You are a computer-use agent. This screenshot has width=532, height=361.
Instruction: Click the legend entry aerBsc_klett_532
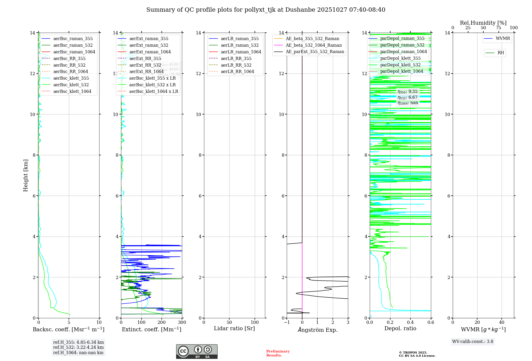[71, 85]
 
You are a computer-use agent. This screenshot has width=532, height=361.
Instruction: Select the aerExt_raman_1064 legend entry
[150, 52]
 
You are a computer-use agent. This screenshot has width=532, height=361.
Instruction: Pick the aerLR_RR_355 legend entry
[236, 59]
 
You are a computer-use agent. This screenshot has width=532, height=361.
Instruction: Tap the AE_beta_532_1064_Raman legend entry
[314, 45]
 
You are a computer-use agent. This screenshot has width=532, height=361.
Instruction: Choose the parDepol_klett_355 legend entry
[400, 58]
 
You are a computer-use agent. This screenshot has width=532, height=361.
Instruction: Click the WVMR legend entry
[503, 39]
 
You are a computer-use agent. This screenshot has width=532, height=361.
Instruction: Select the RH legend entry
[501, 53]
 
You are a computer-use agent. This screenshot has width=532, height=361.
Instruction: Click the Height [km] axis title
[26, 175]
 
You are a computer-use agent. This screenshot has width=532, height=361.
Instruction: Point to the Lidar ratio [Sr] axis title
[234, 329]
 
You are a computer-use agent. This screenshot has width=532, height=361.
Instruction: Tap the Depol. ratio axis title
[400, 329]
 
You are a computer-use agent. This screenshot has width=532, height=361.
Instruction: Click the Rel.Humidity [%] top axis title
[483, 23]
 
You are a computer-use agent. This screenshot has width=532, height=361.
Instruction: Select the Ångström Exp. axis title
[317, 330]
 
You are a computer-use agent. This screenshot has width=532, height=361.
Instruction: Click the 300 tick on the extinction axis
[182, 323]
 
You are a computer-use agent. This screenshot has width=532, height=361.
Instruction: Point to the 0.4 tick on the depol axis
[410, 323]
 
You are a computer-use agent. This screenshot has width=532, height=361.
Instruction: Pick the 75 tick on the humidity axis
[498, 28]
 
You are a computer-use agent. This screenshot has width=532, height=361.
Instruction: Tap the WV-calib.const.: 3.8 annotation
[473, 342]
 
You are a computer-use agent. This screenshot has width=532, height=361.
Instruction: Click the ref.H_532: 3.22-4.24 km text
[78, 347]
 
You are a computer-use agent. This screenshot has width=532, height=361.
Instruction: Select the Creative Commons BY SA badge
[197, 352]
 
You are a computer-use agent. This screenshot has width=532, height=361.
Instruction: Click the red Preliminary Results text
[278, 353]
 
